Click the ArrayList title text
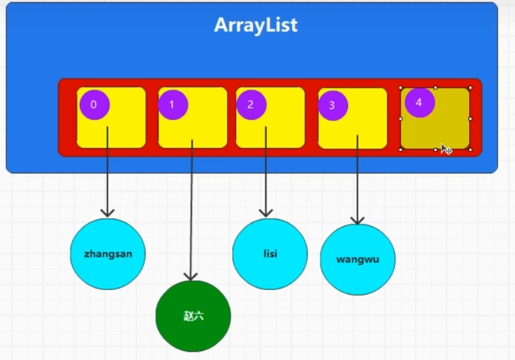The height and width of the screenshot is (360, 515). point(256,26)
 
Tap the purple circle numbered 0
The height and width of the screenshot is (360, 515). point(94,104)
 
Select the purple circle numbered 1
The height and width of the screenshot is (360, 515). point(173,104)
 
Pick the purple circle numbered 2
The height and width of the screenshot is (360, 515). point(251,104)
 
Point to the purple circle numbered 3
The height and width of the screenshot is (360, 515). point(332,105)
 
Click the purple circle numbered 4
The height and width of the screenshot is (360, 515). point(420,102)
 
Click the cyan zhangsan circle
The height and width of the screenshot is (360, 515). point(108,254)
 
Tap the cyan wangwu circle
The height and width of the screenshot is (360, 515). point(357,259)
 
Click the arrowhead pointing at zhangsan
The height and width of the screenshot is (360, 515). point(108,213)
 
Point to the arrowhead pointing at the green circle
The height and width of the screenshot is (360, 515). point(192,276)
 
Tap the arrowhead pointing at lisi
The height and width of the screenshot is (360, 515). point(264,213)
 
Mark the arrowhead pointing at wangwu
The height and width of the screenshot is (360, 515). point(358,219)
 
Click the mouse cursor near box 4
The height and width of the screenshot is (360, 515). point(445,149)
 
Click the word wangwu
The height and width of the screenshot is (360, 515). point(357,259)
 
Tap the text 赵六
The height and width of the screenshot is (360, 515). point(193,316)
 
